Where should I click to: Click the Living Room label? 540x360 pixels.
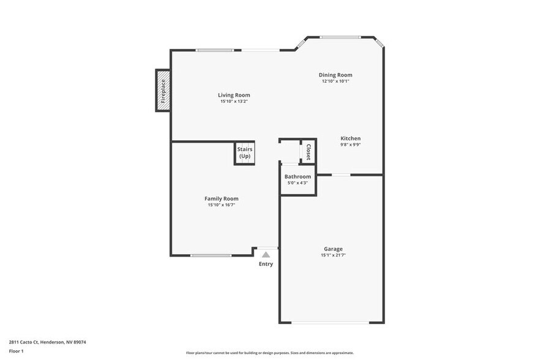pyautogui.click(x=234, y=95)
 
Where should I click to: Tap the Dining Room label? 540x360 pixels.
pyautogui.click(x=336, y=75)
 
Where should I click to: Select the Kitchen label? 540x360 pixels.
pyautogui.click(x=350, y=138)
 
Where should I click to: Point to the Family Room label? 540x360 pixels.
pyautogui.click(x=221, y=198)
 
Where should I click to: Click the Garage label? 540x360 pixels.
pyautogui.click(x=333, y=249)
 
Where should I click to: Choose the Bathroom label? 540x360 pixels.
pyautogui.click(x=298, y=176)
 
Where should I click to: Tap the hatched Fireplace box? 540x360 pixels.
pyautogui.click(x=163, y=91)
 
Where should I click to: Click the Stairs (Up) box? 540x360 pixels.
pyautogui.click(x=245, y=152)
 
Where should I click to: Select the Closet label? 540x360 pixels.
pyautogui.click(x=308, y=152)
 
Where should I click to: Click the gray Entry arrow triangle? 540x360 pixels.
pyautogui.click(x=266, y=254)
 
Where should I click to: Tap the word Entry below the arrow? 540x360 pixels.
pyautogui.click(x=266, y=264)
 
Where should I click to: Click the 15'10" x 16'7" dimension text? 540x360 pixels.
pyautogui.click(x=221, y=205)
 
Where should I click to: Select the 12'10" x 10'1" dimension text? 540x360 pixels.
pyautogui.click(x=336, y=81)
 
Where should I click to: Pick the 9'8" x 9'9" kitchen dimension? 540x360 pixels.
pyautogui.click(x=350, y=144)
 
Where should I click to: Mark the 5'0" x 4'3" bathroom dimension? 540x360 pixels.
pyautogui.click(x=298, y=182)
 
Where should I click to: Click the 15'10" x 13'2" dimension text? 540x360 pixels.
pyautogui.click(x=234, y=101)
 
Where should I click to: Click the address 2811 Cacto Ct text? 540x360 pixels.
pyautogui.click(x=47, y=342)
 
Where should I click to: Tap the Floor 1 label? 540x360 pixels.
pyautogui.click(x=16, y=351)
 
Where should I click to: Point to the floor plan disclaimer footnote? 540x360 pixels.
pyautogui.click(x=269, y=353)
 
